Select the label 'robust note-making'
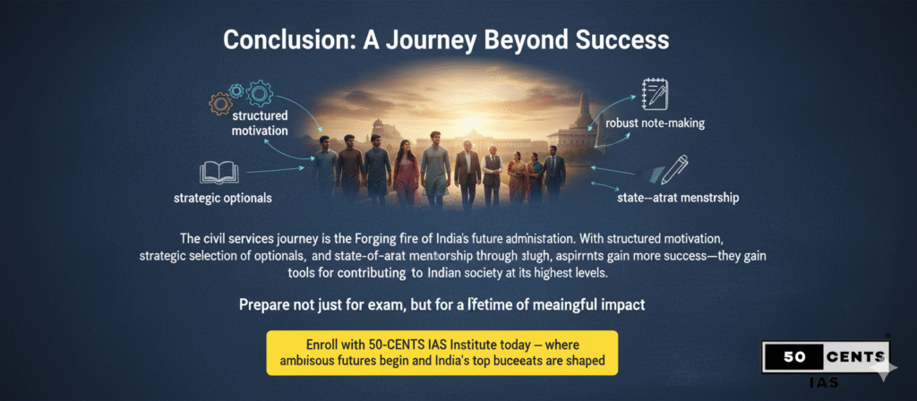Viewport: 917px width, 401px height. [x=655, y=124]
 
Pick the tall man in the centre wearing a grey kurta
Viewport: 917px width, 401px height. [x=436, y=165]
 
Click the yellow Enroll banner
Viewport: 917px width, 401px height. [x=442, y=352]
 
